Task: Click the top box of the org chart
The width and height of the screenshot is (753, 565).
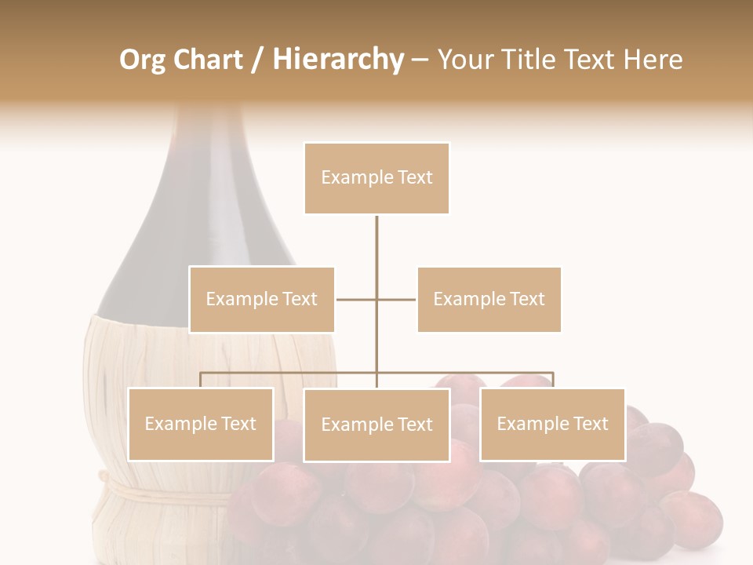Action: click(376, 178)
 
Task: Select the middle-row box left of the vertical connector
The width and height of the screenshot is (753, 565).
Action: click(262, 300)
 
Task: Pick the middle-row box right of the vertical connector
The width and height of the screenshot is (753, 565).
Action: click(489, 300)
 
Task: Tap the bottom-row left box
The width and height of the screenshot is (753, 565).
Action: click(200, 425)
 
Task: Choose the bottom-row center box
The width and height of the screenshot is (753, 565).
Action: click(376, 425)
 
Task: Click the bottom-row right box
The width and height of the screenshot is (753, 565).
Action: click(552, 425)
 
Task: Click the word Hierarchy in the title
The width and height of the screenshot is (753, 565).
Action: click(338, 60)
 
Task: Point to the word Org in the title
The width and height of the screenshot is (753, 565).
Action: click(142, 60)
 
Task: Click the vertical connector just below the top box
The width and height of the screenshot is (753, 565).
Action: click(376, 235)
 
